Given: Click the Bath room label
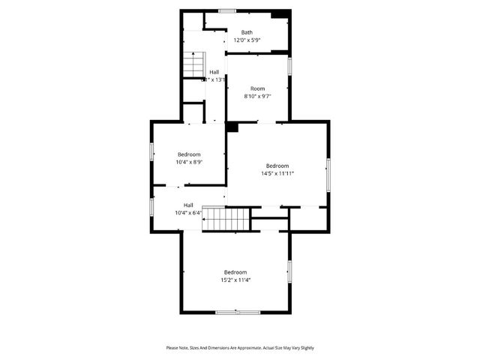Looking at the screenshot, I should [x=247, y=32].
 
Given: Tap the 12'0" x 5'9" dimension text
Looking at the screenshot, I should [x=247, y=40].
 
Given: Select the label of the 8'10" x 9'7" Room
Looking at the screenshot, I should [x=257, y=88].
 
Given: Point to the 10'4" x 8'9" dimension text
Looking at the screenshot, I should [x=189, y=161].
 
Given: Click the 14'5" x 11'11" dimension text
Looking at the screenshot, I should [x=277, y=173].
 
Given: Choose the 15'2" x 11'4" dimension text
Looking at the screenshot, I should [x=235, y=280].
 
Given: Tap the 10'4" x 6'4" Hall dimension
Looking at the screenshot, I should [x=188, y=212].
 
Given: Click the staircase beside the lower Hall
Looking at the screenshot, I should [x=227, y=219].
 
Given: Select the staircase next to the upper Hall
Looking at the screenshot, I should [x=193, y=64].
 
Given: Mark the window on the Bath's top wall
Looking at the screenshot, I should [x=227, y=10].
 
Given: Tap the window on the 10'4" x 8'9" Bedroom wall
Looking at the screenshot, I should [x=151, y=151].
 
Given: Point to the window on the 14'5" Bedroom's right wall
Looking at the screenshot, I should [x=328, y=174].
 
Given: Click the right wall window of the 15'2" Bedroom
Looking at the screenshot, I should [x=289, y=270].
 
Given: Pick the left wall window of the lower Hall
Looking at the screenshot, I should [x=151, y=206].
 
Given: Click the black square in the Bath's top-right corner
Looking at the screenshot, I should [x=280, y=14].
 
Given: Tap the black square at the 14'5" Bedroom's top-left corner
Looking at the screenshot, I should [x=232, y=127].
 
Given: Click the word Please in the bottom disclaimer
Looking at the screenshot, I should [x=172, y=348].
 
